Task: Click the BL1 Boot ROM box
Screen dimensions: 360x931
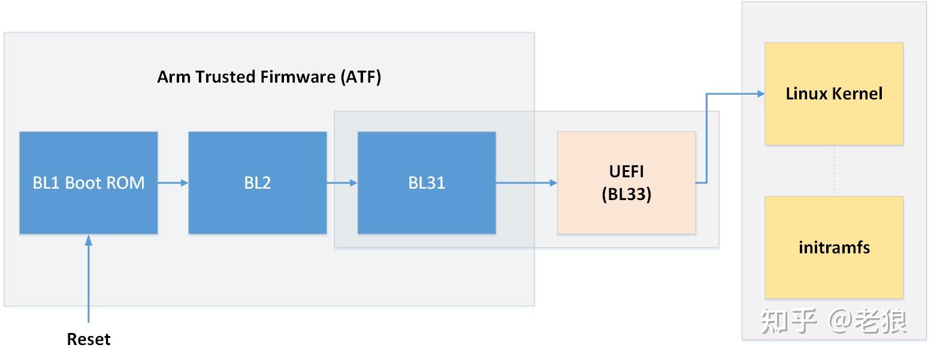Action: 89,183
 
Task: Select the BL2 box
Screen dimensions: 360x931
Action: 258,183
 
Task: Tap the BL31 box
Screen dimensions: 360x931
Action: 427,183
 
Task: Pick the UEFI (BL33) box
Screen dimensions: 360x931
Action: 626,183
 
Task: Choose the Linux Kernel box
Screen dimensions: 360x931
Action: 834,93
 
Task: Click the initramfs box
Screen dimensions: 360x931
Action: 834,247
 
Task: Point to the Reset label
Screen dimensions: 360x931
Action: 89,339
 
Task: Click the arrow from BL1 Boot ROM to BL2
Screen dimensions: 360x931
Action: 173,183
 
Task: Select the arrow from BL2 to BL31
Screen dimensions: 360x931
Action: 342,183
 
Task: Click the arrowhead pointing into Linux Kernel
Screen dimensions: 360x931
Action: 761,93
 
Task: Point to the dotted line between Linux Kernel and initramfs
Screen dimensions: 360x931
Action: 834,171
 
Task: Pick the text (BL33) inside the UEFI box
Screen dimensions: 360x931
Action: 626,194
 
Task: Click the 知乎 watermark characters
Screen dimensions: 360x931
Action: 789,322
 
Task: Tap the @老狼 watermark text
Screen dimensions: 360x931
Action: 868,322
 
